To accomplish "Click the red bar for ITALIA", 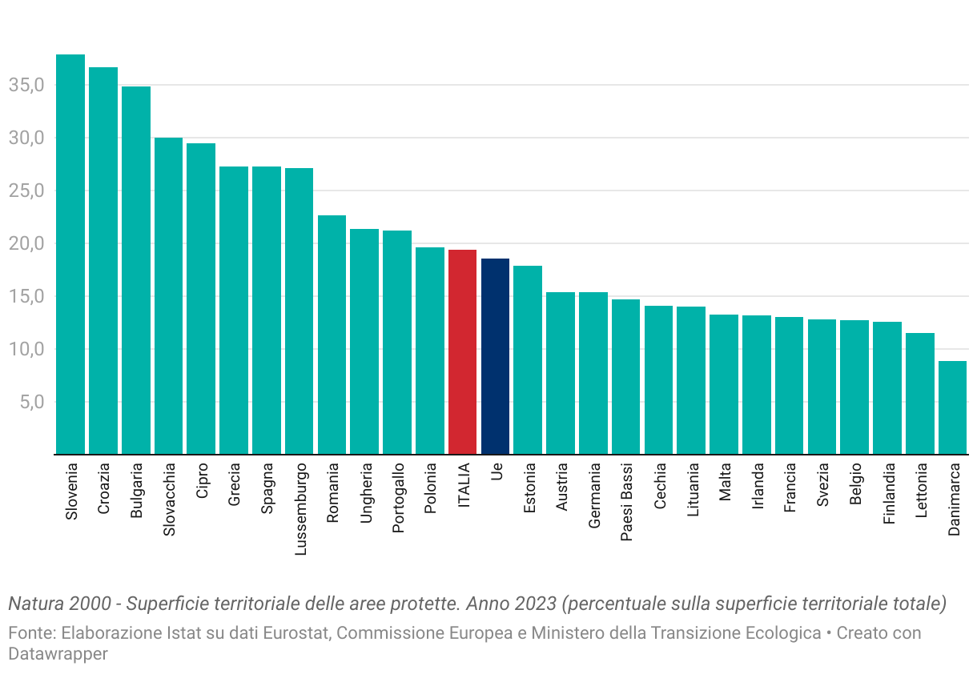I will point(462,352).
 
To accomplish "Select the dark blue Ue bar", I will point(495,356).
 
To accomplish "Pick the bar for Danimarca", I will point(952,407).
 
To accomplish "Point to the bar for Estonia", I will point(528,360).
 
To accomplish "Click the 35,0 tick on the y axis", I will point(26,85).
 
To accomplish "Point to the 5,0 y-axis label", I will point(30,402).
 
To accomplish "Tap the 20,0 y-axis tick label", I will point(26,243).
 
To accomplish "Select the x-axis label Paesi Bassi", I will point(627,502).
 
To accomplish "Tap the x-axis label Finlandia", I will point(888,493).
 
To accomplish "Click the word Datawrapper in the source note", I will point(58,653).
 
